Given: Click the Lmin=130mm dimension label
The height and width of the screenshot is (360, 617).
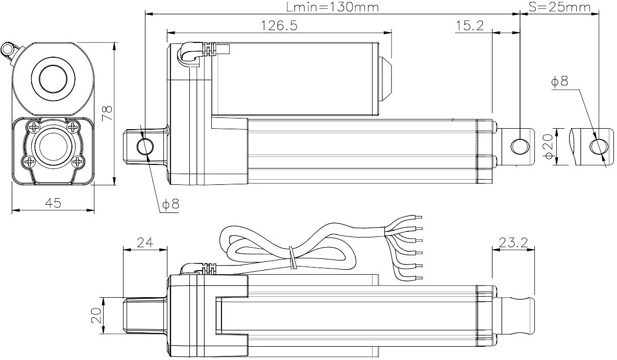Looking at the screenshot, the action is click(x=332, y=7).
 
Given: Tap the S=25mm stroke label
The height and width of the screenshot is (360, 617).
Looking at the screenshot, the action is click(x=559, y=7).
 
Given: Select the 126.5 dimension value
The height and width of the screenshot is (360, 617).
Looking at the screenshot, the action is click(x=279, y=26).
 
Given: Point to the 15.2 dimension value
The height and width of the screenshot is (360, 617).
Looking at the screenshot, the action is click(x=470, y=26).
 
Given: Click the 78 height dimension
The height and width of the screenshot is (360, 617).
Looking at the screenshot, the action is click(x=107, y=113).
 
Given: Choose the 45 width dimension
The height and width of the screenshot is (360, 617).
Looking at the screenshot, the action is click(x=53, y=203).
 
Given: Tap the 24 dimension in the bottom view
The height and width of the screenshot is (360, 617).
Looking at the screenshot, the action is click(x=145, y=243).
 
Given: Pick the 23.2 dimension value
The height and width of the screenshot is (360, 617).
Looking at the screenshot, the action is click(x=513, y=243).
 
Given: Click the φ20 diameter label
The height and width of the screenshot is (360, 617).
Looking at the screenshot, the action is click(x=549, y=147).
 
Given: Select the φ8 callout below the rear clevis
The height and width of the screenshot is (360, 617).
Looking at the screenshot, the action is click(x=170, y=204).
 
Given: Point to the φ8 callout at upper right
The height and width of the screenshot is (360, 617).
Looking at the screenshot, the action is click(x=559, y=81).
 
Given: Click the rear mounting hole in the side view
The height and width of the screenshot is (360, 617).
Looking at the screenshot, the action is click(x=145, y=147).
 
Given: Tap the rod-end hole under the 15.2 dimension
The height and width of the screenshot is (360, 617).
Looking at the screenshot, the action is click(x=520, y=147).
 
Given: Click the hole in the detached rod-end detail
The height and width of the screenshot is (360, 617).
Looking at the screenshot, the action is click(x=599, y=147).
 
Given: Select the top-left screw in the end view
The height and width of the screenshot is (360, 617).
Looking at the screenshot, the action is click(x=34, y=127).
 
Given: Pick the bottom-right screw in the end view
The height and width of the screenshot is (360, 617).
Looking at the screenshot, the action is click(x=78, y=161).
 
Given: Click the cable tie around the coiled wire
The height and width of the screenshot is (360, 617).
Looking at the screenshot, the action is click(x=293, y=258).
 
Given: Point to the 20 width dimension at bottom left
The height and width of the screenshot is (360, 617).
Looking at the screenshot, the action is click(x=96, y=316).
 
